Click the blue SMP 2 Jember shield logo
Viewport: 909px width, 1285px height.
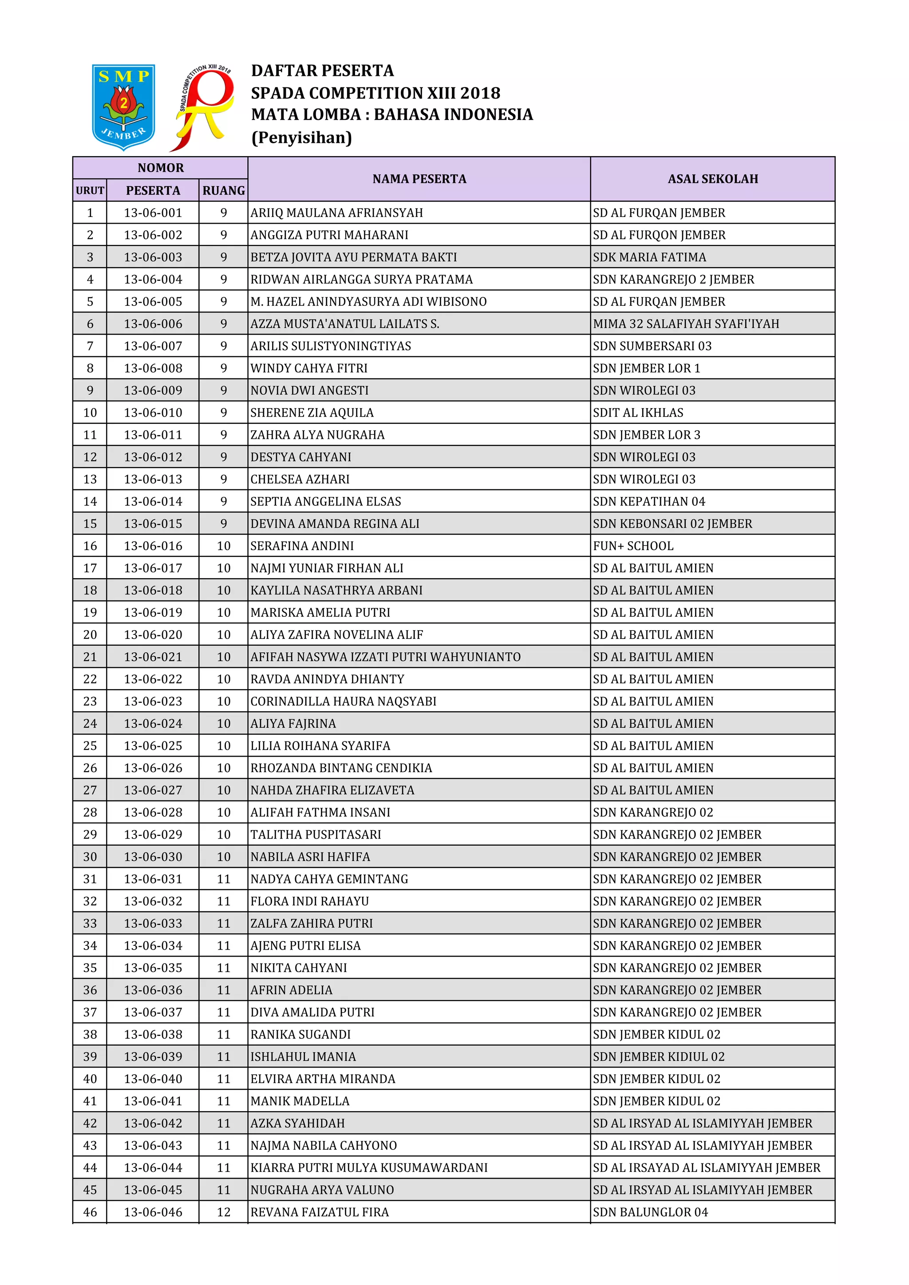click(x=123, y=106)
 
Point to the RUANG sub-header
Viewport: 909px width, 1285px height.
click(x=223, y=190)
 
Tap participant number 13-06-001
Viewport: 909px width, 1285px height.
click(x=153, y=213)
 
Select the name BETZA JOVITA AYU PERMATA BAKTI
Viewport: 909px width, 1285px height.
click(x=353, y=257)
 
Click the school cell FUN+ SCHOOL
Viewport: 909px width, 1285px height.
click(x=632, y=546)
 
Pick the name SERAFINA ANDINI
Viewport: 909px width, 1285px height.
click(x=302, y=546)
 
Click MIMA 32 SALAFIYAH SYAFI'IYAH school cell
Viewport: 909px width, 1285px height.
click(x=685, y=323)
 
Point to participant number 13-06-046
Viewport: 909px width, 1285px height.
click(x=153, y=1212)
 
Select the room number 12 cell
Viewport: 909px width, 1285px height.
click(x=223, y=1212)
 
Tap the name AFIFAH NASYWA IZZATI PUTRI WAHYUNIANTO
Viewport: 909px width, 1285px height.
click(x=385, y=657)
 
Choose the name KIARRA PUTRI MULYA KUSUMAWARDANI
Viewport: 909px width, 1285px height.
click(x=369, y=1167)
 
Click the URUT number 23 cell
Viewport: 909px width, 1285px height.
click(x=90, y=701)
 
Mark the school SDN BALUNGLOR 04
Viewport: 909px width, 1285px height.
click(x=650, y=1212)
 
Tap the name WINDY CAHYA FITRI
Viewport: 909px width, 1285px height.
click(x=308, y=368)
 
